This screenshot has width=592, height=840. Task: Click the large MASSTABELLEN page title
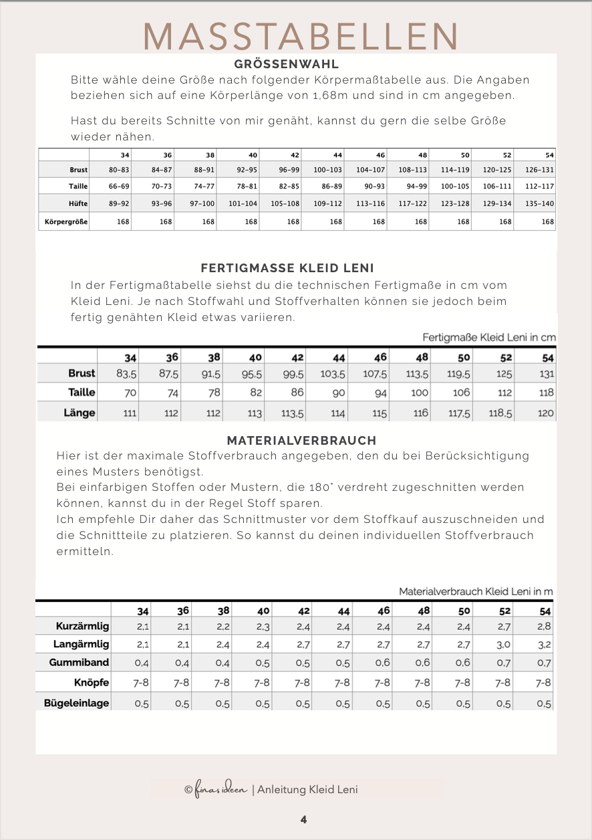[301, 36]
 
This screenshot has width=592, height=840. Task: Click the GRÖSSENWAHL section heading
[287, 65]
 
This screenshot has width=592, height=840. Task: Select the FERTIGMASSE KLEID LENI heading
[287, 268]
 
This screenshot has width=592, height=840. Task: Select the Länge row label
[80, 413]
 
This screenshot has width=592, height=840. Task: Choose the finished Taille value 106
[461, 393]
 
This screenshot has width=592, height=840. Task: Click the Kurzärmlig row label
[83, 627]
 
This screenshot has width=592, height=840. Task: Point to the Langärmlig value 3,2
[544, 645]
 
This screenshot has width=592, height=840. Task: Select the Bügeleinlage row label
[77, 703]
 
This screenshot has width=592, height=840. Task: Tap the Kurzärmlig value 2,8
[544, 627]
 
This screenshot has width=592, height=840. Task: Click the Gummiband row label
[79, 663]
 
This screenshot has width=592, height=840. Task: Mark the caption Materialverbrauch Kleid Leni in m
[476, 591]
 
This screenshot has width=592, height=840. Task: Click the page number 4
[303, 819]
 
